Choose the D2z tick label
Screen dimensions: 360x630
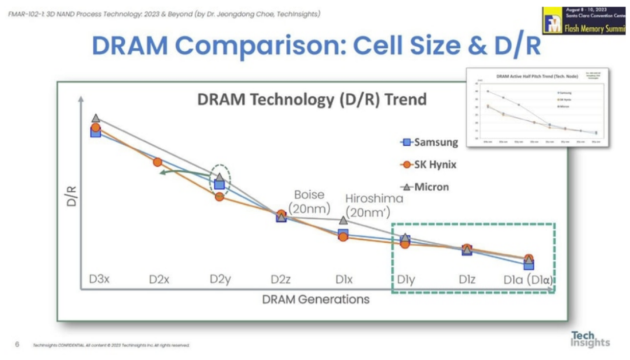(281, 279)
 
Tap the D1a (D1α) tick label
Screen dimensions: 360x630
(528, 279)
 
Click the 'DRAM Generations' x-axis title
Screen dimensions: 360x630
(316, 299)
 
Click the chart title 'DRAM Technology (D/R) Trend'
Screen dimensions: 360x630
(312, 100)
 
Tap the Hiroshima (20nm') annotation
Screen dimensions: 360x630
(374, 205)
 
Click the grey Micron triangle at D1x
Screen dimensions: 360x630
(344, 220)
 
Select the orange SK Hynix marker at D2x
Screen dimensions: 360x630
(157, 162)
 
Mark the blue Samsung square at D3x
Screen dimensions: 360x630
(96, 132)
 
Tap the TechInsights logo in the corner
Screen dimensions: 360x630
(590, 339)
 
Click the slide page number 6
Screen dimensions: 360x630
(17, 344)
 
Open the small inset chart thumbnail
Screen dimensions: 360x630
(537, 108)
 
